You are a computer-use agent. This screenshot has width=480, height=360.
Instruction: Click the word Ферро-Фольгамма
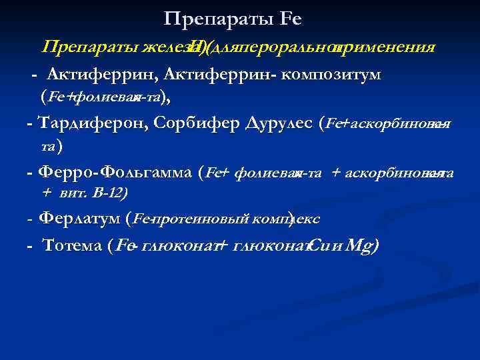(x=116, y=172)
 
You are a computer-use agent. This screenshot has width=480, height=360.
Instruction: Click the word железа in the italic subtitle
(x=164, y=47)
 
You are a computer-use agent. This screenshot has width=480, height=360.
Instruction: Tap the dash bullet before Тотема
(x=30, y=246)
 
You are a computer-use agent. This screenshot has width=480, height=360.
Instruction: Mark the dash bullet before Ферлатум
(x=30, y=219)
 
